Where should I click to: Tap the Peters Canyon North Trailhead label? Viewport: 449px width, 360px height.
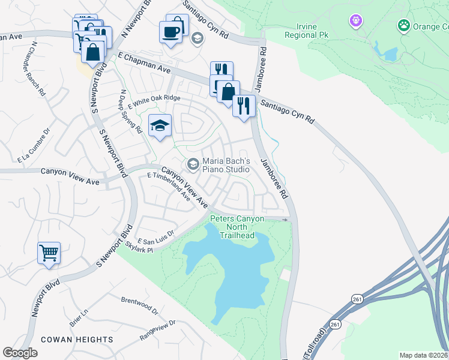click(237, 227)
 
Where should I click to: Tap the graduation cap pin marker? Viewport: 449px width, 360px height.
click(159, 126)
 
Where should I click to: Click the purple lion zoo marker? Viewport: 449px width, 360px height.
click(357, 22)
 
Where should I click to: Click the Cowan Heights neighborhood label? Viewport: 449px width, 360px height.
click(77, 340)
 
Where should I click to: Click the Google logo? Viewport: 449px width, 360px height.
click(20, 353)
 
